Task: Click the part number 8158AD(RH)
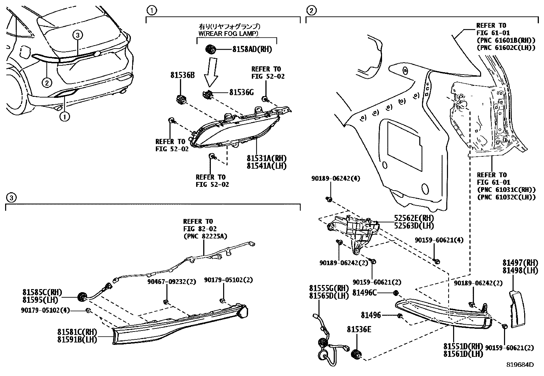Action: click(252, 49)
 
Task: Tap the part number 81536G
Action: click(241, 92)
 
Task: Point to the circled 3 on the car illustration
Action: click(78, 35)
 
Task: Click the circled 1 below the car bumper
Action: click(64, 117)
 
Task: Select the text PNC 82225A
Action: click(205, 236)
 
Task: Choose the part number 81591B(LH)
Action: click(77, 339)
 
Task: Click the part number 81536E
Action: click(359, 329)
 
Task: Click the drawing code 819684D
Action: click(520, 365)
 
